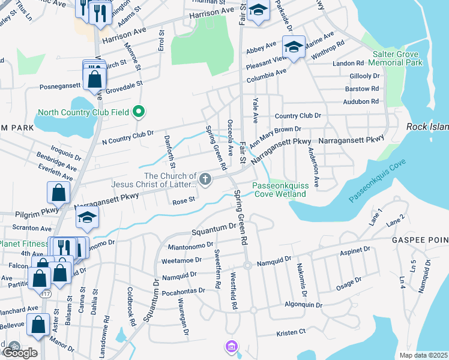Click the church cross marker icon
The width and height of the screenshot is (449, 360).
205,179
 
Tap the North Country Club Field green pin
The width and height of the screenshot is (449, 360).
139,112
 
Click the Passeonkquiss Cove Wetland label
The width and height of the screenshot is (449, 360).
279,190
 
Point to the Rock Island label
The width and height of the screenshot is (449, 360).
427,127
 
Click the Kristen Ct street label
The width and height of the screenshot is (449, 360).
291,332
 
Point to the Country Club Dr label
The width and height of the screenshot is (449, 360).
298,115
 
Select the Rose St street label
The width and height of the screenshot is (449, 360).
181,202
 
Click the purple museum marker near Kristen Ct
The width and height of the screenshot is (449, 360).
231,346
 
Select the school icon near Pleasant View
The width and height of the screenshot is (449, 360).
294,47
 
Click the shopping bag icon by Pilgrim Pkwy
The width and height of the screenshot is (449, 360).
58,193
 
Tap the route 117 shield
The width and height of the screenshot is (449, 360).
46,294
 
